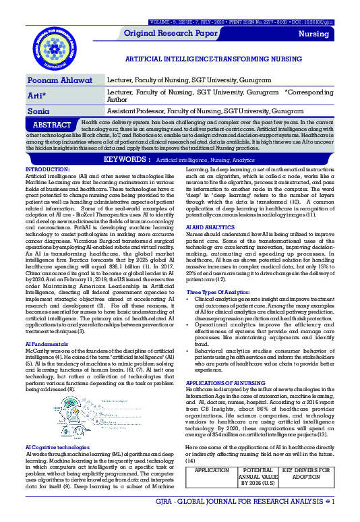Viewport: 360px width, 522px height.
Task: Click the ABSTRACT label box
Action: tap(53, 125)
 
